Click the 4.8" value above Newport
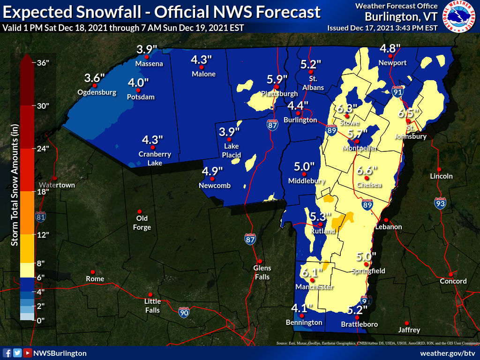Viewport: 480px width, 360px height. coord(390,49)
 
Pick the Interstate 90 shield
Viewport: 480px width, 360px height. coord(184,313)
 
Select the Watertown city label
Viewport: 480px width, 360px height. coord(57,185)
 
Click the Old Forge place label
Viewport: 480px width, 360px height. coord(142,223)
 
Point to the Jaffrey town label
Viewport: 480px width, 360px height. coord(409,330)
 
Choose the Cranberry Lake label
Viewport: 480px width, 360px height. coord(155,158)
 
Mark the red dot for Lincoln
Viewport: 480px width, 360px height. coord(439,169)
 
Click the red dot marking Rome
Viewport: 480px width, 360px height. coord(93,272)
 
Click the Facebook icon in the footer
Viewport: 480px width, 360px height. coord(7,353)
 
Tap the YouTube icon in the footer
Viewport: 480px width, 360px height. coord(28,353)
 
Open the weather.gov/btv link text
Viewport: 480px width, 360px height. coord(448,353)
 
